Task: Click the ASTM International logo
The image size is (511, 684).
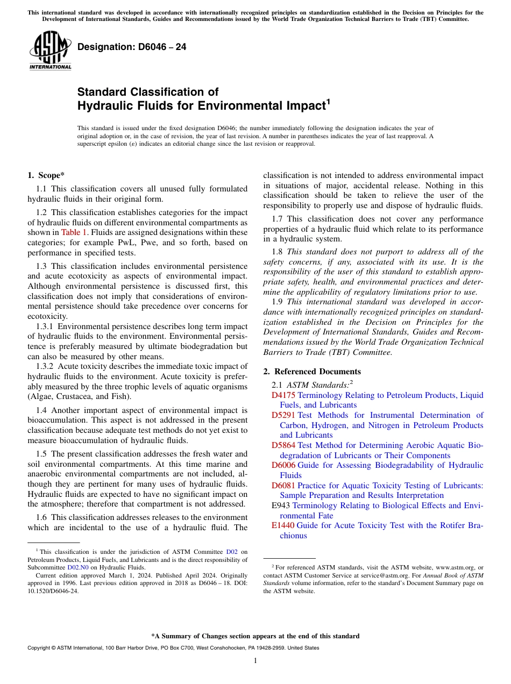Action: pos(50,51)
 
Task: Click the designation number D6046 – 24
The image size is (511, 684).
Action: pos(132,47)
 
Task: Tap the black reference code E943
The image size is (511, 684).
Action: pos(281,505)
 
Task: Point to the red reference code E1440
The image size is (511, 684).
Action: pos(283,525)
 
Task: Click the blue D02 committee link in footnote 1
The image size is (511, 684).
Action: pos(231,552)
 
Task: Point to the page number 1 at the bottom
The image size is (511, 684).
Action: pos(255,660)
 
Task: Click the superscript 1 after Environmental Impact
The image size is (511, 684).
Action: pos(328,102)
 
